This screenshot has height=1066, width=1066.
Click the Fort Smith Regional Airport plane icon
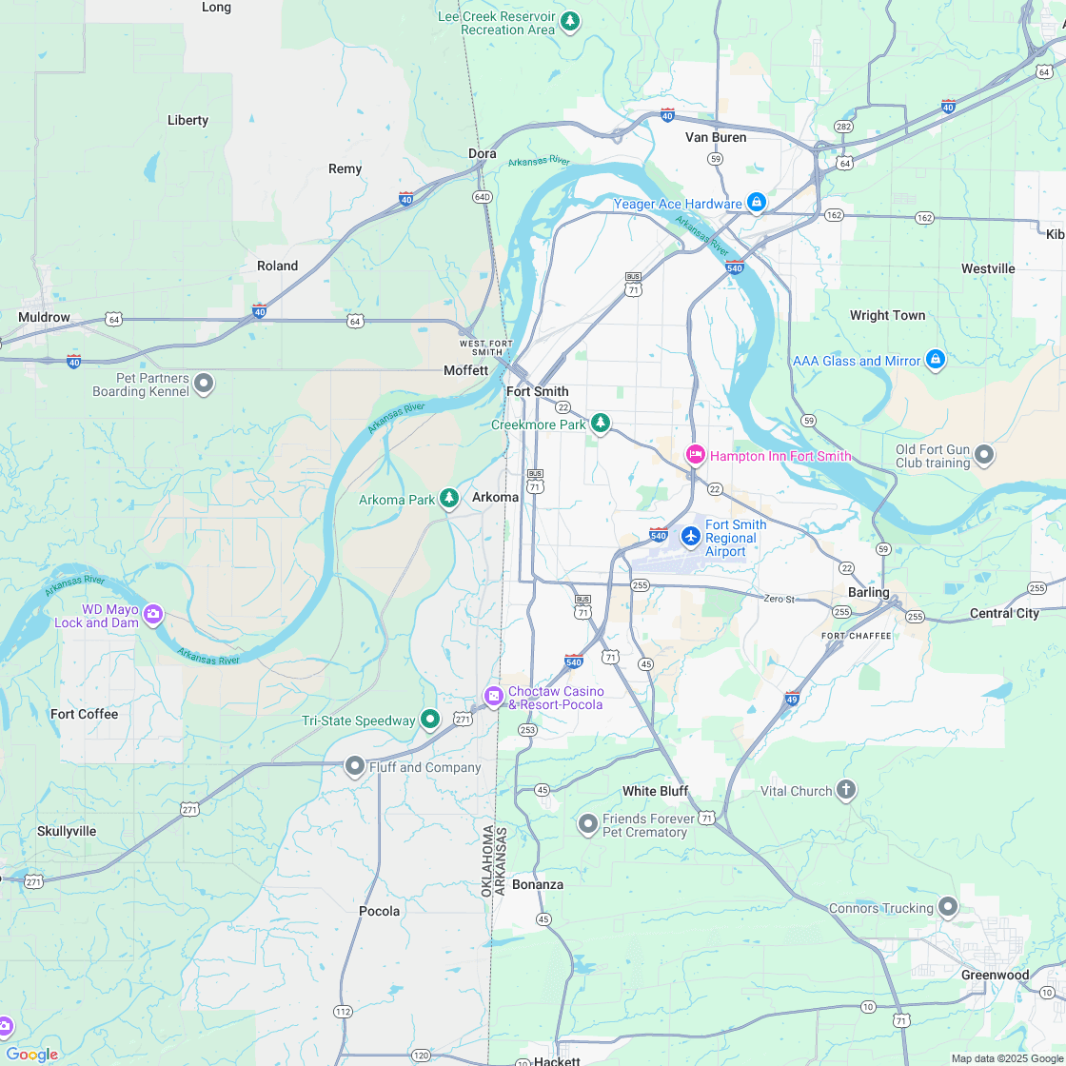coord(691,536)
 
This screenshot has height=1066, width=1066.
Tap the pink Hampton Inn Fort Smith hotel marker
coord(696,455)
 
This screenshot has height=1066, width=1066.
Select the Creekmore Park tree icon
coord(600,423)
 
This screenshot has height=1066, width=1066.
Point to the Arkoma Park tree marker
coord(448,499)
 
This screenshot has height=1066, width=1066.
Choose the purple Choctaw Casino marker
coord(493,696)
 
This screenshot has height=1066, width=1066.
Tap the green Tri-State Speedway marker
coord(430,720)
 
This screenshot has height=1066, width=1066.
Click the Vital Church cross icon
coord(846,789)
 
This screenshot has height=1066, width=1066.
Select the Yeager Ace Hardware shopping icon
coord(756,202)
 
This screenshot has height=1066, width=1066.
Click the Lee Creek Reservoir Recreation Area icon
coord(569,21)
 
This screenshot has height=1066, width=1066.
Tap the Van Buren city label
coord(716,137)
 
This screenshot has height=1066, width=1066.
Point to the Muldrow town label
coord(44,317)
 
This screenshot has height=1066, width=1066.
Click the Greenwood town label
coord(995,975)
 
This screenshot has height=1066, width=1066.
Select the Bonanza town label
coord(538,884)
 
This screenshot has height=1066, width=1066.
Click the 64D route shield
coord(482,197)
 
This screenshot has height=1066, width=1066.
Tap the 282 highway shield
coord(842,127)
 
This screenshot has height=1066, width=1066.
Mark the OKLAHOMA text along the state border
coord(486,861)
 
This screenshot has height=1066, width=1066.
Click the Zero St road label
coord(778,599)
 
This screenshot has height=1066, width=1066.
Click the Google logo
coord(31,1054)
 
